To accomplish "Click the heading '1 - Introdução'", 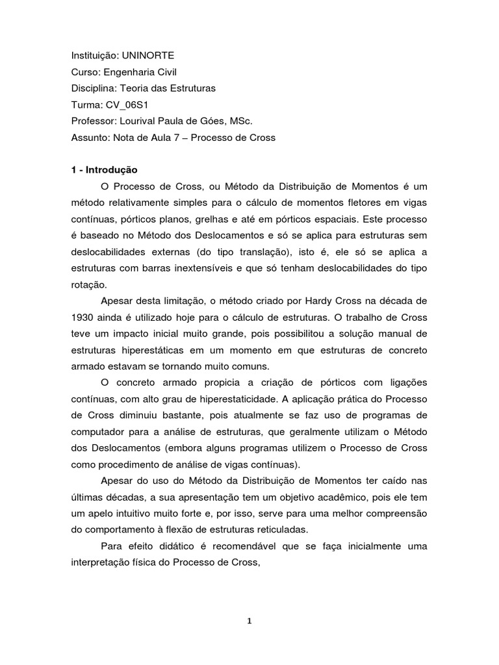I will [105, 170].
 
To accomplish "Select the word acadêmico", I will [320, 496].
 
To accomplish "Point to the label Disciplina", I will [92, 88].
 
